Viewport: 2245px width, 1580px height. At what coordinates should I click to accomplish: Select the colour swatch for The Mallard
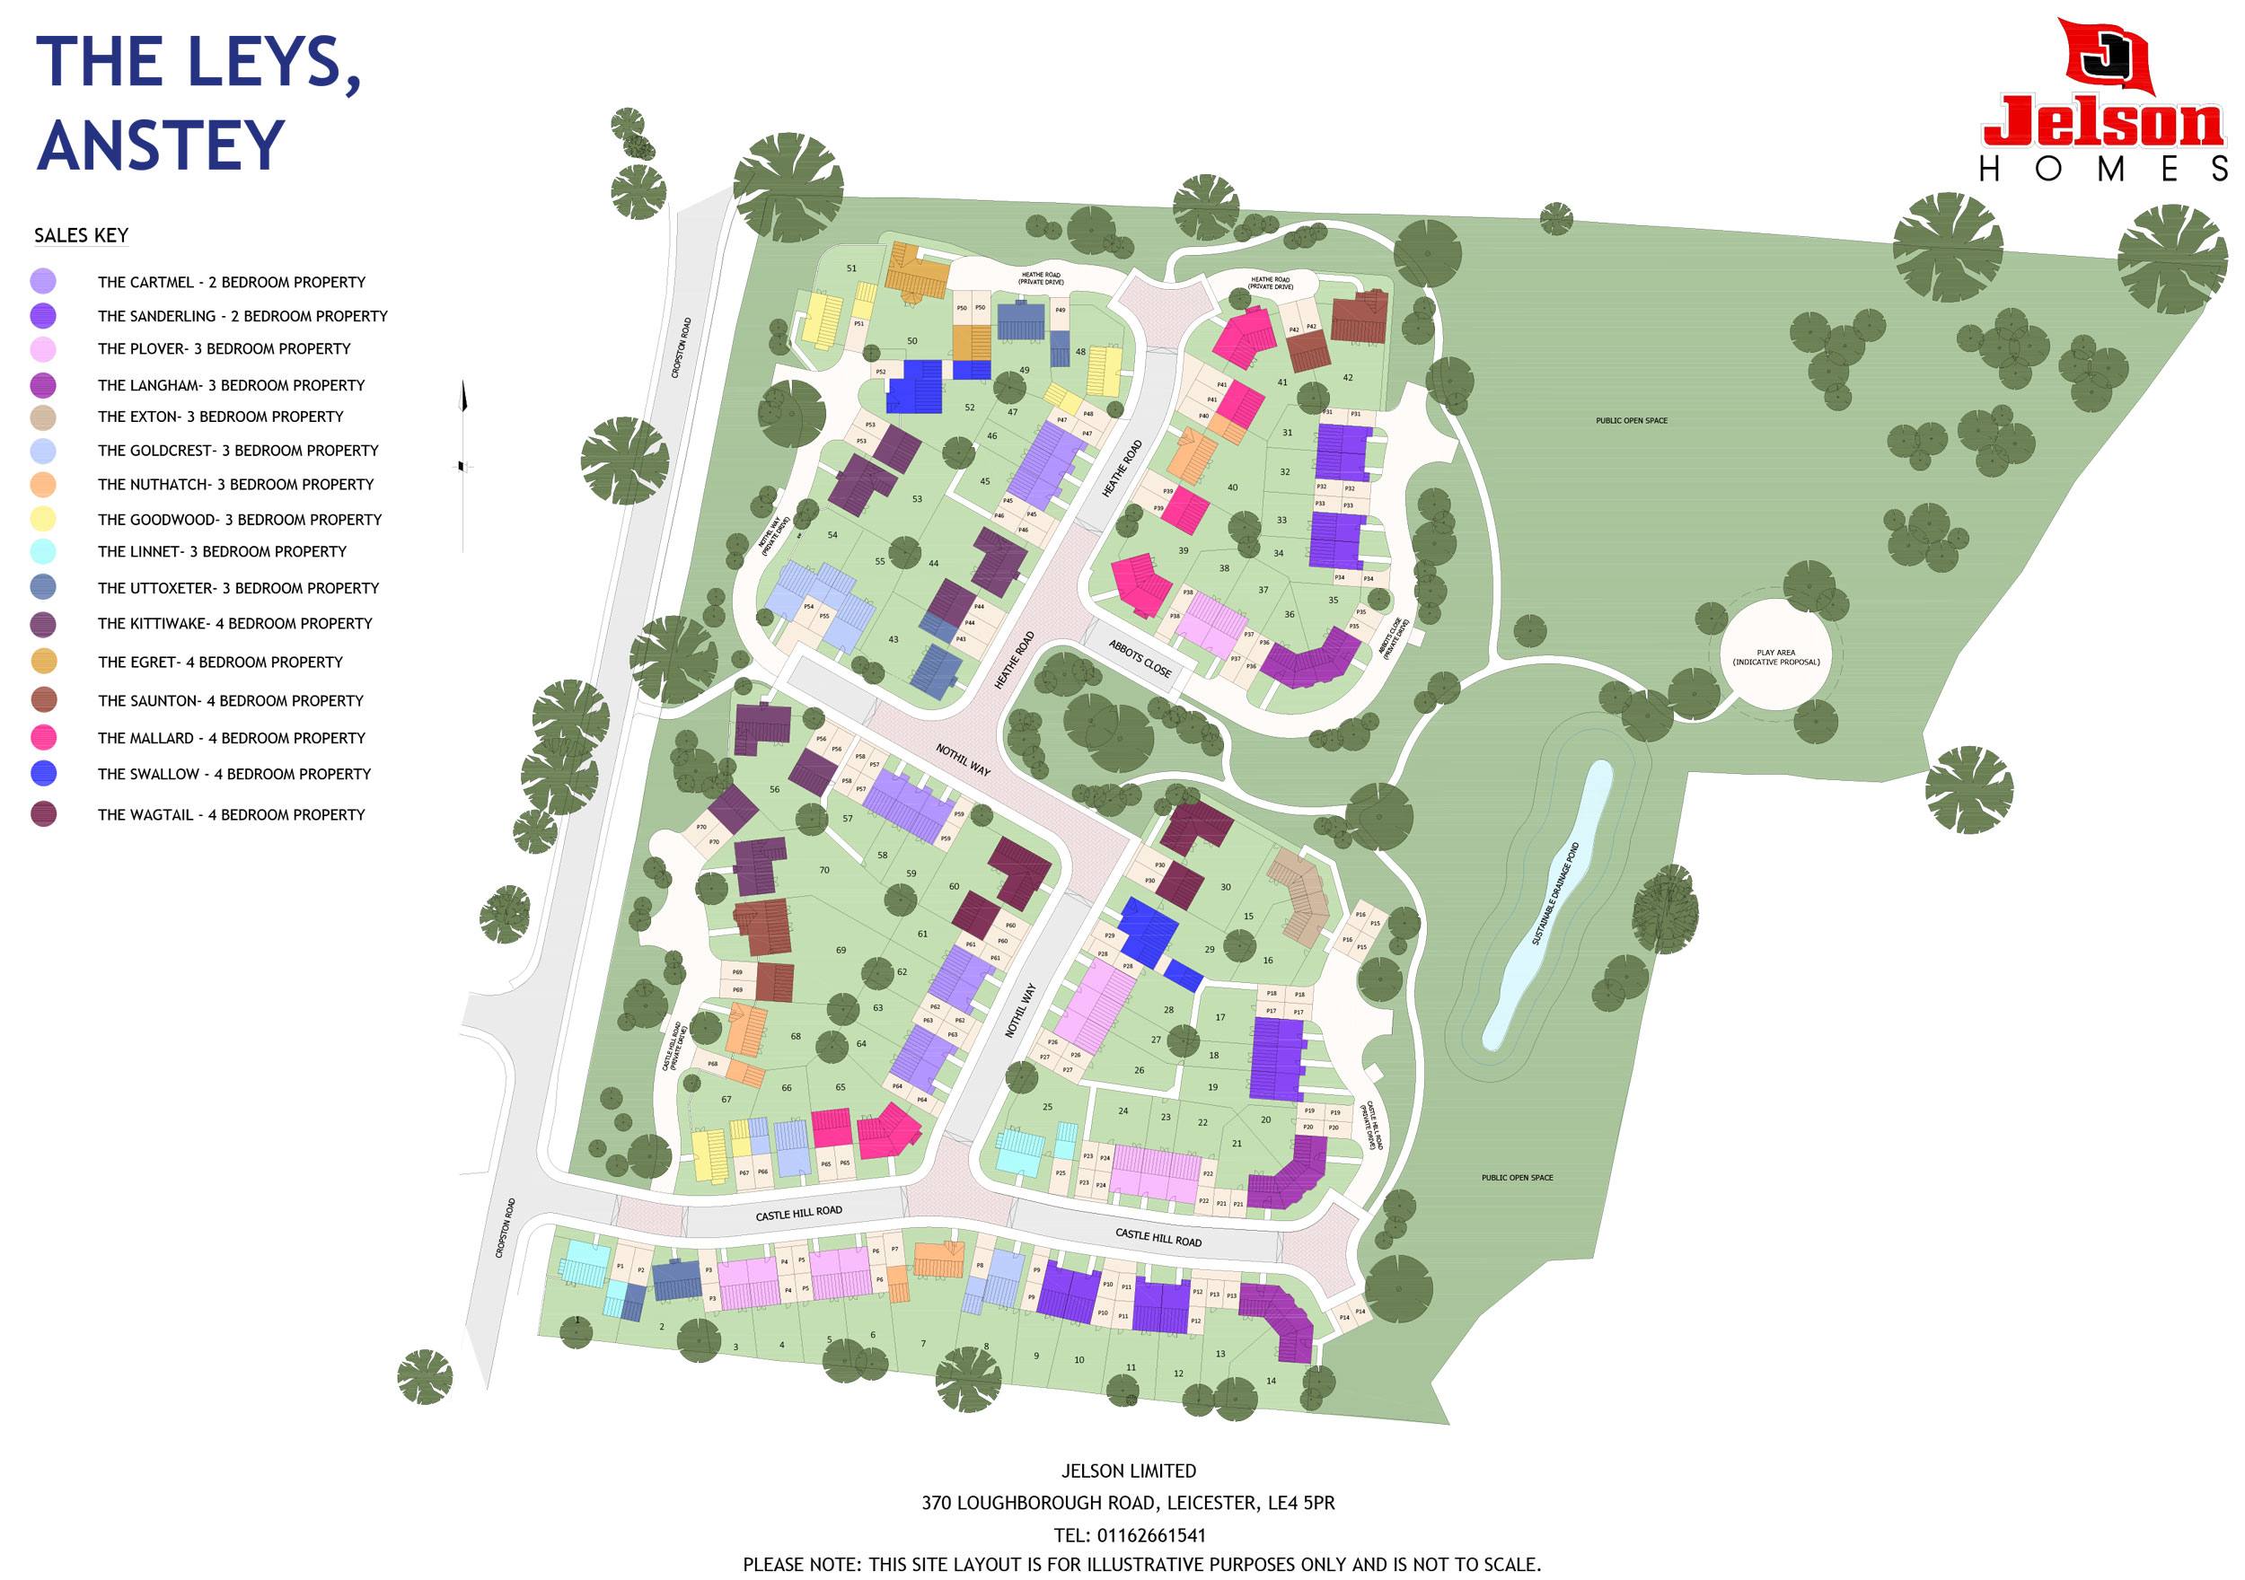pos(43,737)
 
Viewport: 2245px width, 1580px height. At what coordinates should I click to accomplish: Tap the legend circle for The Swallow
pos(43,773)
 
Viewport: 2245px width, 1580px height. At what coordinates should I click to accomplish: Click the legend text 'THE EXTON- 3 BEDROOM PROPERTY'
pos(220,417)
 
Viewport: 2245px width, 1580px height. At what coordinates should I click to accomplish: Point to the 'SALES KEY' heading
pos(81,235)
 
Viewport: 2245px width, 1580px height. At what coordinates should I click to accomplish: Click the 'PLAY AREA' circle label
pos(1775,657)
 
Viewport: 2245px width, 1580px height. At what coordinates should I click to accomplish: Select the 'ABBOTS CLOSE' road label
pos(1140,658)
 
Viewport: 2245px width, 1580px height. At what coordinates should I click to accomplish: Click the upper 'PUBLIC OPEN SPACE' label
pos(1631,420)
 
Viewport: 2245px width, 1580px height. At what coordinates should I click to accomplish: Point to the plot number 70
pos(824,869)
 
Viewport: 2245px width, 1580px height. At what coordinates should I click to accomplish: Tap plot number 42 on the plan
pos(1347,377)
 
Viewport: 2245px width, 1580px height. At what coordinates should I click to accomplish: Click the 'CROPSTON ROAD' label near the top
pos(682,347)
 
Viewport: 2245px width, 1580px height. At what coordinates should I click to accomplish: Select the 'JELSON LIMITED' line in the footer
pos(1129,1470)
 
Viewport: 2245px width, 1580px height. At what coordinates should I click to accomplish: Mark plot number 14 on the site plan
pos(1272,1381)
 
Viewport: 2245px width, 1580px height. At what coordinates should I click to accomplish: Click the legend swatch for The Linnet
pos(43,551)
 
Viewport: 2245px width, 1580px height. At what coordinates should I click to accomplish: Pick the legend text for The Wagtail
pos(231,814)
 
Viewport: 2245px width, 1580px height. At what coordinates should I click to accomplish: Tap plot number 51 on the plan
pos(851,268)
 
